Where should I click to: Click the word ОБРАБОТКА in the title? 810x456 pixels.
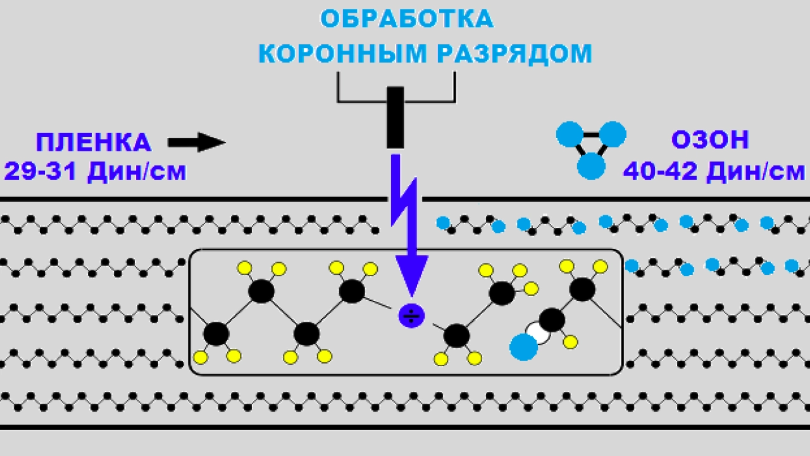click(406, 19)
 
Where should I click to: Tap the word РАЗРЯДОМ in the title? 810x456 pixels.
click(514, 54)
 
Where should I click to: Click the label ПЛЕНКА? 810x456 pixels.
click(94, 142)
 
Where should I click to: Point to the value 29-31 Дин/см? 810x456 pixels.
click(95, 171)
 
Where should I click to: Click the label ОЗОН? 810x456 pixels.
click(709, 140)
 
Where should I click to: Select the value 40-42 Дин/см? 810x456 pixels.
click(714, 171)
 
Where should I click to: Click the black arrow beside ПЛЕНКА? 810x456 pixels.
click(197, 142)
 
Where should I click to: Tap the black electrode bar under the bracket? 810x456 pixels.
click(396, 117)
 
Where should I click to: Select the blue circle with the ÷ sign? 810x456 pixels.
click(411, 315)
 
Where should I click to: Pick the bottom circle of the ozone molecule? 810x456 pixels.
click(592, 167)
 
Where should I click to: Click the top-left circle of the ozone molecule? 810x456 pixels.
click(569, 134)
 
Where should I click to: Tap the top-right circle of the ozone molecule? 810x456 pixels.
click(613, 134)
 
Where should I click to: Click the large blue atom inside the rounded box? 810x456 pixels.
click(523, 347)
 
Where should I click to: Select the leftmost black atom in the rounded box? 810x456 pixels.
click(216, 333)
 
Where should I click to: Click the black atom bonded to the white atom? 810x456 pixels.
click(552, 320)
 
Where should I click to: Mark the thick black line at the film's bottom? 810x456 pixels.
click(405, 427)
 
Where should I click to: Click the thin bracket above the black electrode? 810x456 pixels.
click(396, 100)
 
